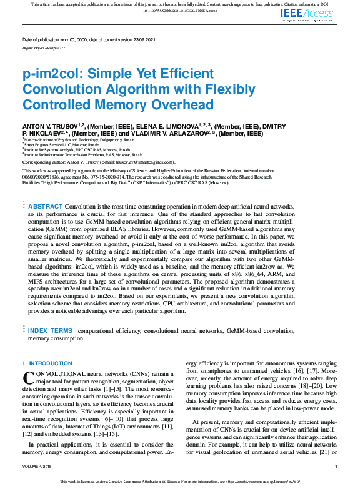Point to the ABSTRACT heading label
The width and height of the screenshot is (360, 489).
pyautogui.click(x=46, y=206)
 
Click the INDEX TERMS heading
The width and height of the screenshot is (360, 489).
pyautogui.click(x=50, y=330)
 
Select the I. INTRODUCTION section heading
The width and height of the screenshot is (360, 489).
pyautogui.click(x=47, y=363)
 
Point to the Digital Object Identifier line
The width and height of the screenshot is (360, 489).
pyautogui.click(x=44, y=47)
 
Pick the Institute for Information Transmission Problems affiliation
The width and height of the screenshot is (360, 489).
pyautogui.click(x=82, y=154)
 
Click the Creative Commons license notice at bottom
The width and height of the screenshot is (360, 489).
pyautogui.click(x=180, y=482)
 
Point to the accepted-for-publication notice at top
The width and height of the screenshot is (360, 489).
pyautogui.click(x=180, y=4)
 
